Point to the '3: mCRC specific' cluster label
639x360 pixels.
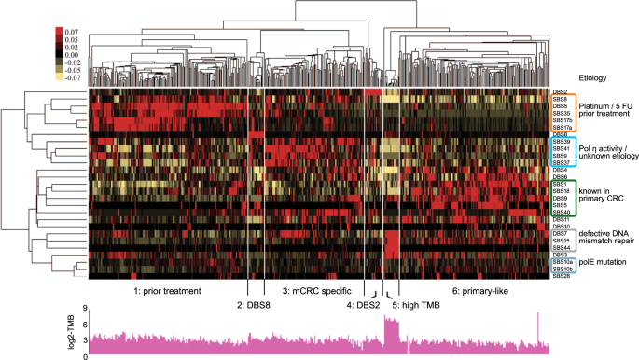click(x=313, y=291)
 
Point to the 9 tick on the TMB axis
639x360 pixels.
click(x=84, y=309)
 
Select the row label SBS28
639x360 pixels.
click(x=560, y=277)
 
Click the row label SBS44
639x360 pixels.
click(x=560, y=247)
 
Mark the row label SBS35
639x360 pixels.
click(x=560, y=113)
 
